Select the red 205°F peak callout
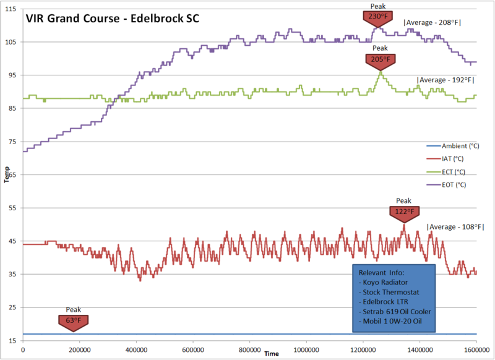(381, 60)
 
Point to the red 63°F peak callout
(74, 320)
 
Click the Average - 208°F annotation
(433, 23)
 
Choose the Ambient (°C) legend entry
(460, 146)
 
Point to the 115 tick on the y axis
(13, 9)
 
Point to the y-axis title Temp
(6, 174)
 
